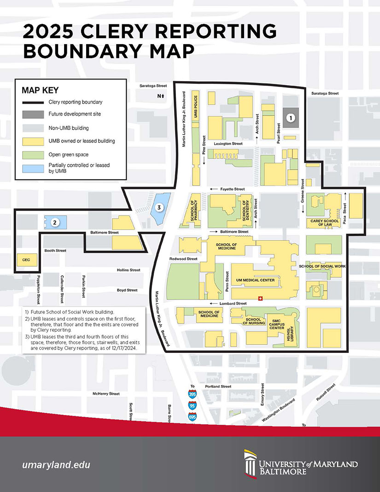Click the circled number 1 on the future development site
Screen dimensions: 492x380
point(290,118)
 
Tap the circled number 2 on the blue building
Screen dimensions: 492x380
point(54,223)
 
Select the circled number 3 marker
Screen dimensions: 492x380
point(159,207)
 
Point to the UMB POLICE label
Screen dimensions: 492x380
point(196,107)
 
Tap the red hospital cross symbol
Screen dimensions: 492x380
point(260,298)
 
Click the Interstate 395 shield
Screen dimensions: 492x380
point(193,394)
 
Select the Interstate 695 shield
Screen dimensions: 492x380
point(193,417)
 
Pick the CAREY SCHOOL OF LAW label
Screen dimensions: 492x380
point(322,223)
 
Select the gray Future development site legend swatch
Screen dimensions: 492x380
point(34,114)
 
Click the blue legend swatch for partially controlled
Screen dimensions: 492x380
point(34,168)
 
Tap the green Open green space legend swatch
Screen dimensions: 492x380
point(34,154)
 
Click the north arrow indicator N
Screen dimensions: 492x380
point(160,96)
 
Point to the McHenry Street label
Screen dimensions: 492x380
point(106,394)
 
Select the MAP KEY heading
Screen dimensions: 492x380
point(40,90)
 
